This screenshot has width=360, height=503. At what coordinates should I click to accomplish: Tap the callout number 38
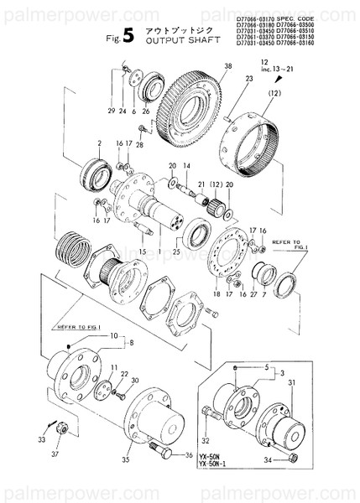pyautogui.click(x=203, y=65)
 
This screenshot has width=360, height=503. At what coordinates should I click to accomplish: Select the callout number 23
pyautogui.click(x=226, y=79)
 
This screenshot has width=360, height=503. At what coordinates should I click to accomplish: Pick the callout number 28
pyautogui.click(x=139, y=145)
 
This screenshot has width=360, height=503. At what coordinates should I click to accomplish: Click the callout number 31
pyautogui.click(x=293, y=384)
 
